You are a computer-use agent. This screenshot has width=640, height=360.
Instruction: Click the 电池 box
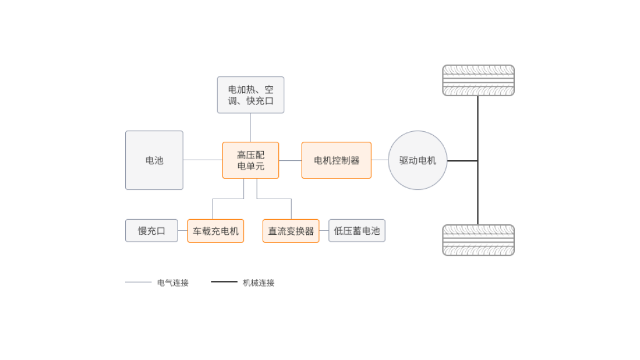154,160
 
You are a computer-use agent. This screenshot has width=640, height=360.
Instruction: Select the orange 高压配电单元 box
250,160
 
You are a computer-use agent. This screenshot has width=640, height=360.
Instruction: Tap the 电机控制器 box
336,160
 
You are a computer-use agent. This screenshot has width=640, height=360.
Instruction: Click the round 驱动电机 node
417,160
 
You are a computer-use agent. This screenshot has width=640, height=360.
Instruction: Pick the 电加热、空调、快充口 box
250,95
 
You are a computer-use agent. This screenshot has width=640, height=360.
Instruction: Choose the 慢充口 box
151,230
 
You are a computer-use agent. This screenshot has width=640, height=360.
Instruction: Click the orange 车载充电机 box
215,231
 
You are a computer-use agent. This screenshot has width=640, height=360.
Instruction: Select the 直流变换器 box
291,231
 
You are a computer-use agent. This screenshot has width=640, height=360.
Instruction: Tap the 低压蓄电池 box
357,230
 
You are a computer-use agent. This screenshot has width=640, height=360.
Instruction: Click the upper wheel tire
478,80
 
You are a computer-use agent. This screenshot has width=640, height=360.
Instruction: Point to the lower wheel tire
478,240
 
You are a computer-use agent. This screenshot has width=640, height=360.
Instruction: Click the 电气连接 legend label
173,283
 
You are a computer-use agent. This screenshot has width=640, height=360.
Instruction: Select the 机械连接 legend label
259,283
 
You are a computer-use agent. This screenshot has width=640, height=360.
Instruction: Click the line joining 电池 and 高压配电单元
203,160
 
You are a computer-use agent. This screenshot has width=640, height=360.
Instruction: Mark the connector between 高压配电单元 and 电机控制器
290,160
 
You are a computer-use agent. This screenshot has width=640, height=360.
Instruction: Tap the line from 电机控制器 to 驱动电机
380,160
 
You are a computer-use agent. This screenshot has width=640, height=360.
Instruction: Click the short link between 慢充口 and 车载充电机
183,230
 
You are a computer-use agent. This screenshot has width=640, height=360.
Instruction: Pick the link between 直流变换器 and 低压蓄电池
324,230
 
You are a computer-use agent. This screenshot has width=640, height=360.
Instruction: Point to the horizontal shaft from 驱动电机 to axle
462,161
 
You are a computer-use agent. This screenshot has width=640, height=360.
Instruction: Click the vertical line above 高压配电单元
250,127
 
